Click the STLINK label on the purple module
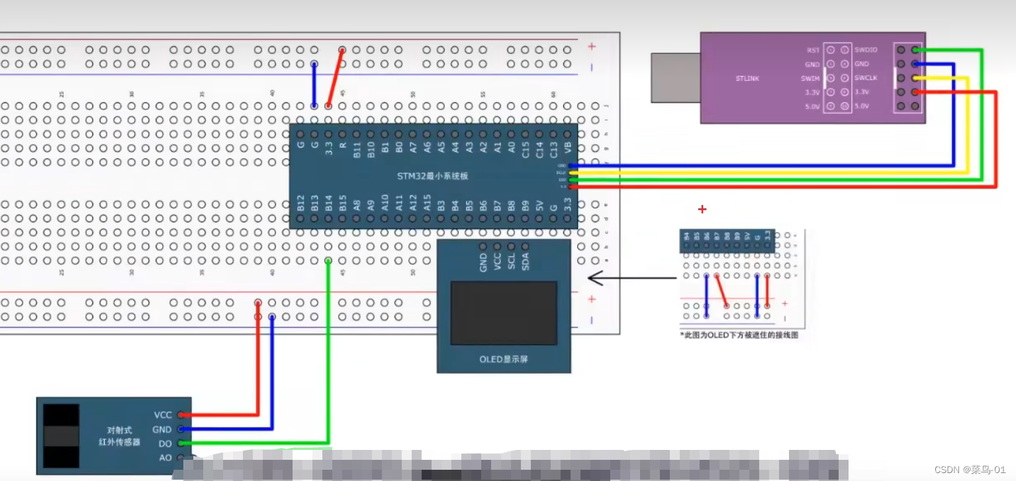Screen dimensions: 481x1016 (747, 78)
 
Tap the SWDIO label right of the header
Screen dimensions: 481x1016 (866, 50)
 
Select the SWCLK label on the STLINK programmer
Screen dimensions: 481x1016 (866, 78)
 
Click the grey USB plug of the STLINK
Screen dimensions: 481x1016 (676, 78)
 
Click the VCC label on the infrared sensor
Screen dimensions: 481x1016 (163, 415)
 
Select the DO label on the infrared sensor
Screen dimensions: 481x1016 (165, 443)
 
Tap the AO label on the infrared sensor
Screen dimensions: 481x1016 (165, 458)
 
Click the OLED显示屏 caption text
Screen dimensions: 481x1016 (504, 359)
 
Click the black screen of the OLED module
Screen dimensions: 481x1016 (504, 313)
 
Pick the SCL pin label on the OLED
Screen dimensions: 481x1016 (511, 262)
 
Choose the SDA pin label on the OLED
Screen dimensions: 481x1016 (526, 262)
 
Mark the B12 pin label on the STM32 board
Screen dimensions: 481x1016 (300, 202)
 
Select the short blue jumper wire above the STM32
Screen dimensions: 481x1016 (314, 85)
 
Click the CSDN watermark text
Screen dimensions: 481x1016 (970, 469)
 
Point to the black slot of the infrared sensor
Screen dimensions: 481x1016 (61, 436)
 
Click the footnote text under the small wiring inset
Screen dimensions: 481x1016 (739, 335)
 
